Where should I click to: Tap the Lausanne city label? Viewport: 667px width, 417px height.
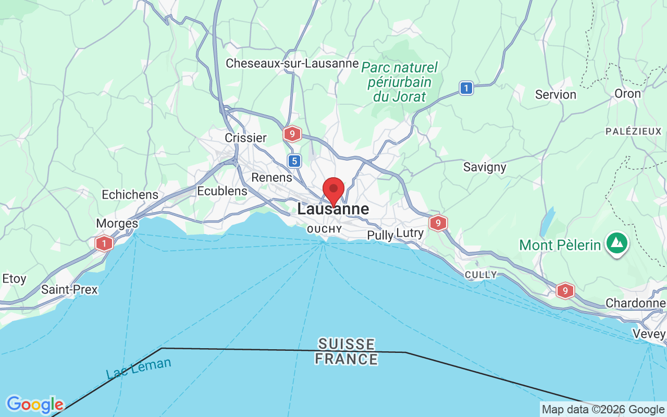pos(333,210)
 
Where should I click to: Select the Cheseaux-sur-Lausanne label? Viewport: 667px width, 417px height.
pos(292,64)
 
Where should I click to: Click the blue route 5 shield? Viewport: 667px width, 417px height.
pos(295,161)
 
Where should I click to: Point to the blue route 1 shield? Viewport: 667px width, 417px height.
pos(466,88)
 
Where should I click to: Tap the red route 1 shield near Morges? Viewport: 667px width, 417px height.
pos(104,243)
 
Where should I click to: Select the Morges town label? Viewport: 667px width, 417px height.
pos(117,223)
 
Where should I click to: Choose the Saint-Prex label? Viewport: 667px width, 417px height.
pos(69,289)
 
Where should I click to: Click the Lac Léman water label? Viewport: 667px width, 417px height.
pos(138,368)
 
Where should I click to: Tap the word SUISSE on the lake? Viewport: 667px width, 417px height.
pos(347,344)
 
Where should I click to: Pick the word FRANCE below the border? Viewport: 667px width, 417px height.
pos(347,359)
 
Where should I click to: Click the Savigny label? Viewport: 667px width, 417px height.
pos(485,167)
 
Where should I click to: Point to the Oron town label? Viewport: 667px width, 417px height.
pos(627,94)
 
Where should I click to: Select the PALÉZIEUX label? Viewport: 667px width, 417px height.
pos(633,131)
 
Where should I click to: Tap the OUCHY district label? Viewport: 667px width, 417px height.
pos(325,229)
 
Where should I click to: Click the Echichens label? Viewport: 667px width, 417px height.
pos(130,194)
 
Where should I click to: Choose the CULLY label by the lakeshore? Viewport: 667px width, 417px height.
pos(481,275)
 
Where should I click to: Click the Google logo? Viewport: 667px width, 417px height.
pos(35,404)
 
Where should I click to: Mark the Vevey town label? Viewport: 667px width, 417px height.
pos(649,334)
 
